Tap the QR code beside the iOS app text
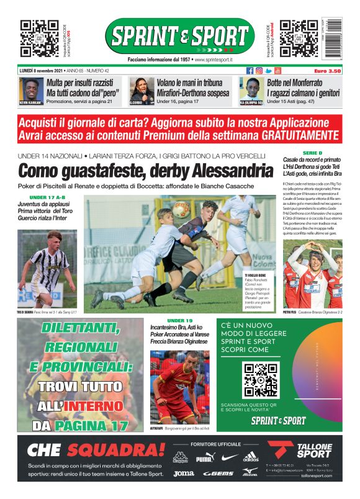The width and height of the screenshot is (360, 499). coord(39,38)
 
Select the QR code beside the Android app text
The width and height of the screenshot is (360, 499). coord(299,38)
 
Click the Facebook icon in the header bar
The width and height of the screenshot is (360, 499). coord(250,71)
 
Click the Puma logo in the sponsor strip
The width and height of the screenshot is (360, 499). coord(204,459)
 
